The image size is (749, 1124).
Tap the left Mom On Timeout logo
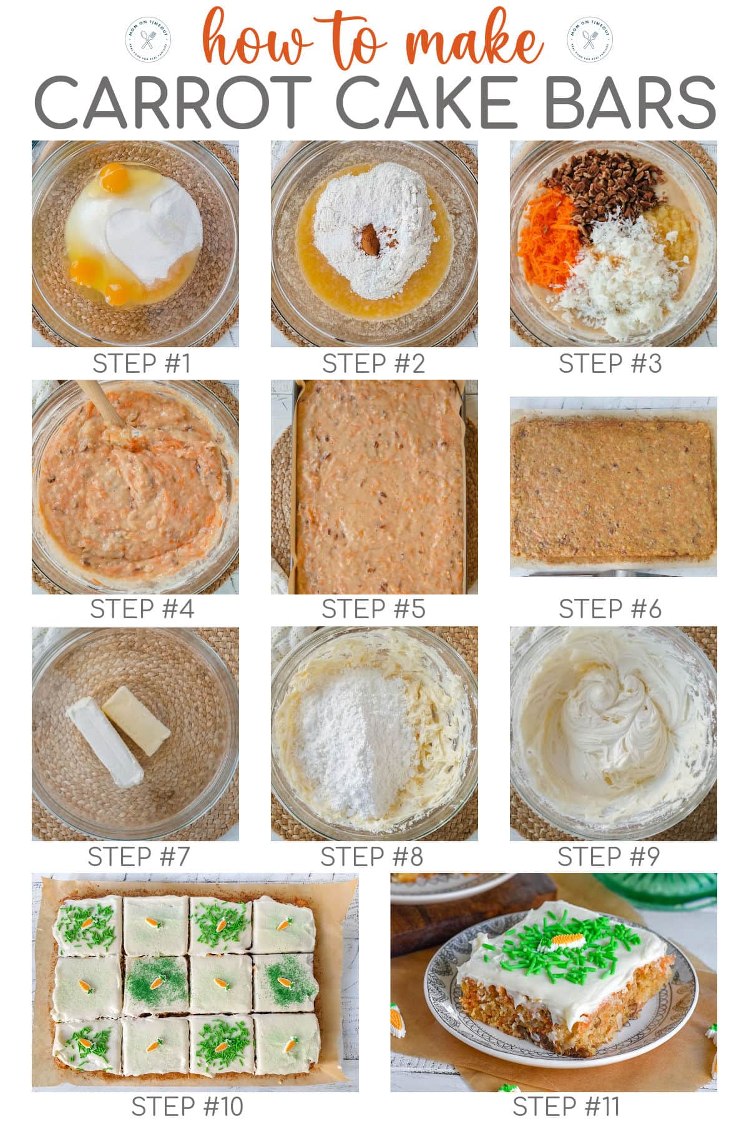click(x=149, y=41)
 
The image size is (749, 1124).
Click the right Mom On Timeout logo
click(x=589, y=41)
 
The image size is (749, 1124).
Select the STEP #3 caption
click(x=610, y=363)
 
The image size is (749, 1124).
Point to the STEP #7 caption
click(x=138, y=857)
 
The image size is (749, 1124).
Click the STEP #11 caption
click(x=565, y=1107)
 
